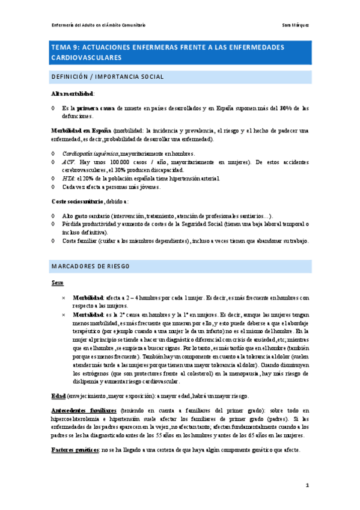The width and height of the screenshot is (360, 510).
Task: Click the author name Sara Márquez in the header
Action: coord(296,25)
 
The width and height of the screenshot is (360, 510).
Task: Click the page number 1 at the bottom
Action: coord(307,484)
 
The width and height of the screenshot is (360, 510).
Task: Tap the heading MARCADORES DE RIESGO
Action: coord(90,266)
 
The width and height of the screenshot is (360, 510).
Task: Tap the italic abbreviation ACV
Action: coord(68,162)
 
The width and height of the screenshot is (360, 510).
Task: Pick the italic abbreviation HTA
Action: coord(68,179)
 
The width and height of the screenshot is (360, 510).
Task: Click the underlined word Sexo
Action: coord(57,282)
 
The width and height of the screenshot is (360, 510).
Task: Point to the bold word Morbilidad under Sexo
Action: coord(88,297)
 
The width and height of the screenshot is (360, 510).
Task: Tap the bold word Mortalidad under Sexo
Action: coord(88,314)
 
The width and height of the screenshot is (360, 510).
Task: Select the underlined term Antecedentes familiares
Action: coord(82,410)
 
